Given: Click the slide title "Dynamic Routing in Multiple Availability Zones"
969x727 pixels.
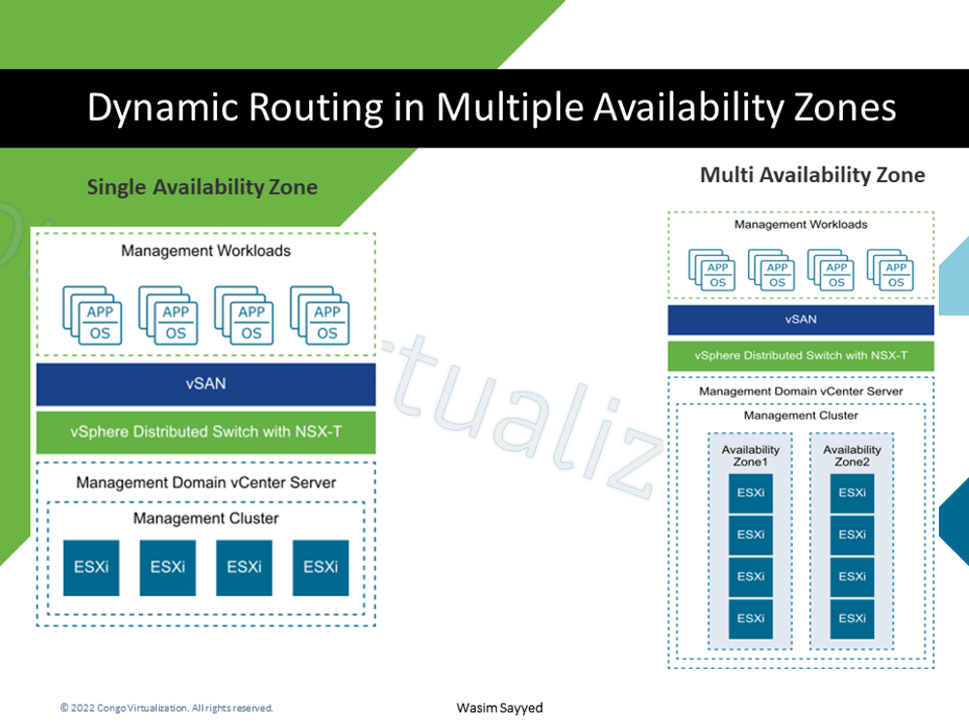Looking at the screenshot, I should click(x=491, y=108).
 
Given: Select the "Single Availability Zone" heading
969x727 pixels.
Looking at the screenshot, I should click(x=202, y=187).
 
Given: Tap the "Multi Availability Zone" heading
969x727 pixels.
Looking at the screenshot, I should click(x=812, y=175).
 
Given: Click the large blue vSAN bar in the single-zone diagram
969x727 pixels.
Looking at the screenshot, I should click(x=205, y=384).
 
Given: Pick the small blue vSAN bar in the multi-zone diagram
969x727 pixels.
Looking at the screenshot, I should click(x=800, y=320).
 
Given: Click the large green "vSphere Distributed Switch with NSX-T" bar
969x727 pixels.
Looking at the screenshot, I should click(x=205, y=432).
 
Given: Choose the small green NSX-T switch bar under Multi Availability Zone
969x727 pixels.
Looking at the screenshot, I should click(x=800, y=356).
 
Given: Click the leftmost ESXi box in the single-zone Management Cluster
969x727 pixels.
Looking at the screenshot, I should click(x=92, y=567).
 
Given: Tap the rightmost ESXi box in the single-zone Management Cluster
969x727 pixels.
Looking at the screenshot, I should click(x=321, y=567).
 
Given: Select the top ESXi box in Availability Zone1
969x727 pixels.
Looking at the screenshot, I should click(x=751, y=493).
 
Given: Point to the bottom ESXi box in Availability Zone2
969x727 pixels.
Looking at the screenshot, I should click(x=852, y=618).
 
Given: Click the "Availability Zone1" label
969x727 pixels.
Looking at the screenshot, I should click(x=751, y=456).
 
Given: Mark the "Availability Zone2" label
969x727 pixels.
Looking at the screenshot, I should click(x=852, y=456).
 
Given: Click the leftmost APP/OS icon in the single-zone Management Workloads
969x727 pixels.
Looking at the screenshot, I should click(x=94, y=316).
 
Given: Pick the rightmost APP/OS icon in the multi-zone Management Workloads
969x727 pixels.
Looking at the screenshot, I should click(x=891, y=270).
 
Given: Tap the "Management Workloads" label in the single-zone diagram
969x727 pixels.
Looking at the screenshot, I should click(x=205, y=251).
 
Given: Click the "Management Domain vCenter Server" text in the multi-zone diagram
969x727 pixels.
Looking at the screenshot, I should click(x=800, y=392).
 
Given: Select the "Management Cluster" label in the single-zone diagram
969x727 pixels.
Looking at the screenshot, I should click(x=205, y=519).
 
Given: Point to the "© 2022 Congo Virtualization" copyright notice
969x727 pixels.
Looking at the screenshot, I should click(x=167, y=709).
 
